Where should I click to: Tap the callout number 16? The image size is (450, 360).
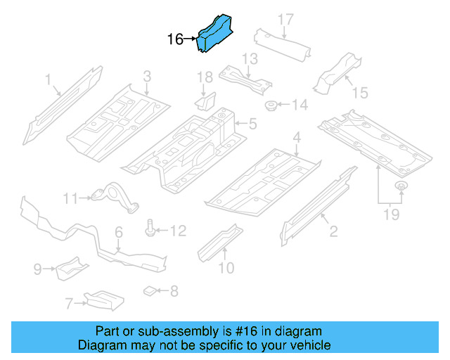(x=175, y=39)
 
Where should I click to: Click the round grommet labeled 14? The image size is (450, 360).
(x=270, y=106)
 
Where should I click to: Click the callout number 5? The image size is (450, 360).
(x=252, y=124)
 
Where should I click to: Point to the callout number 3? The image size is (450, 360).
(x=147, y=76)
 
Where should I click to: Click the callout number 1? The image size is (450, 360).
(x=49, y=81)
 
